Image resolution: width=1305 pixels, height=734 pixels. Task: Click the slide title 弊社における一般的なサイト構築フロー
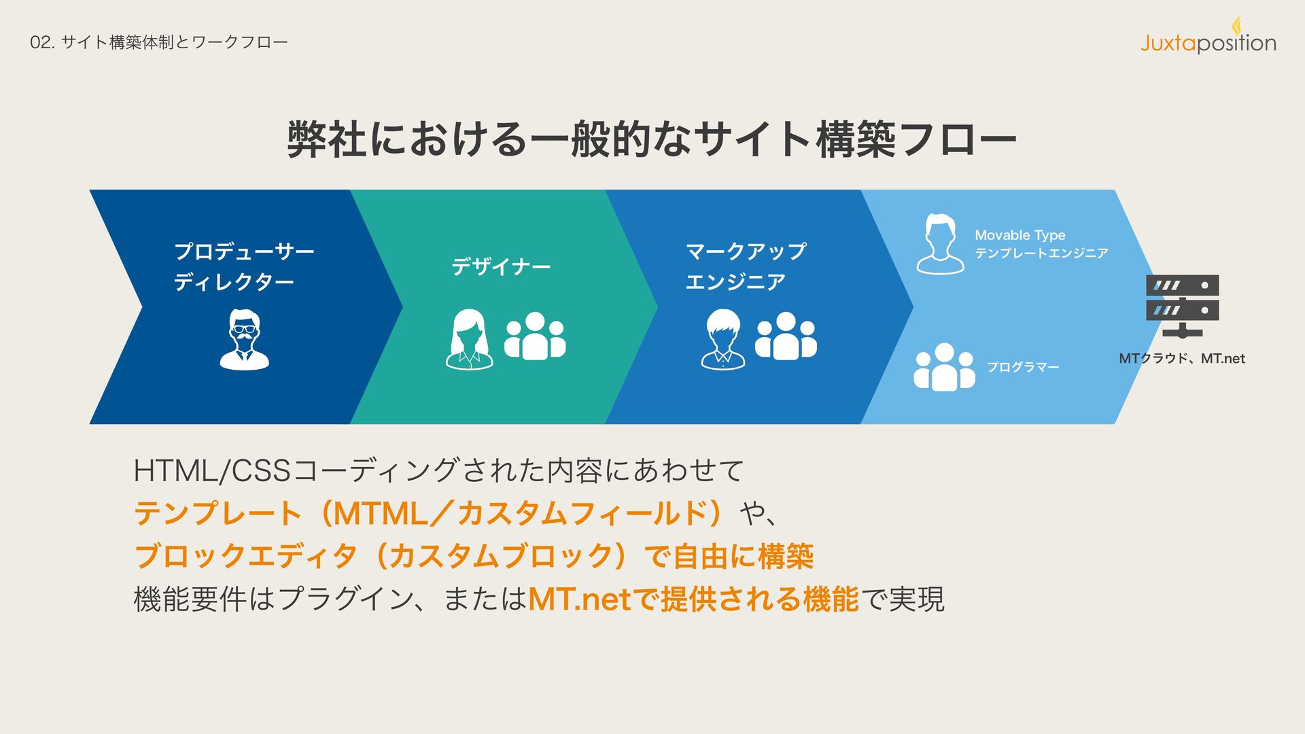point(652,139)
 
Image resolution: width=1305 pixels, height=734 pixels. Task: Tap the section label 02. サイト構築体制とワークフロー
point(159,42)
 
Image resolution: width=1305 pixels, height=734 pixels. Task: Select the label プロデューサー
point(244,251)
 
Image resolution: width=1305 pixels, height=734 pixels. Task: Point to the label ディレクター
point(234,281)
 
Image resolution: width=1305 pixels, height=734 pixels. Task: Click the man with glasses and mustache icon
point(244,340)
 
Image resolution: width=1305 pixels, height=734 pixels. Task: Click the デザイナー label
point(501,266)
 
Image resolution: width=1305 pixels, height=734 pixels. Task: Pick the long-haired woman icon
point(469,340)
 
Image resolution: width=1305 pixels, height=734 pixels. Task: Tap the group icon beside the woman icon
point(535,336)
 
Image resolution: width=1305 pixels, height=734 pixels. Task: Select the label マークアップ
point(746,251)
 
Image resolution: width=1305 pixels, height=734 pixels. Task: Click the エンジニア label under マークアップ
point(735,281)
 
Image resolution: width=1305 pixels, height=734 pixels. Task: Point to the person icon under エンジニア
point(723,340)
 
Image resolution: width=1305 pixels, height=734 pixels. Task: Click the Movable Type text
point(1020,235)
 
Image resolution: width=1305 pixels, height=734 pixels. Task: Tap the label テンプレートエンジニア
point(1041,254)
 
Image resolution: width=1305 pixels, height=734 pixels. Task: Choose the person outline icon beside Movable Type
point(940,245)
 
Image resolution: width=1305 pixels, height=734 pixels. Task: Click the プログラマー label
point(1023,367)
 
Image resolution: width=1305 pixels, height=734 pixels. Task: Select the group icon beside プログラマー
point(944,368)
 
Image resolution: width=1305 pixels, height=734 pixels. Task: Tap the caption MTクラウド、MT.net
point(1181,358)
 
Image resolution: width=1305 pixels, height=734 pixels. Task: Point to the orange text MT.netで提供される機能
point(693,599)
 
